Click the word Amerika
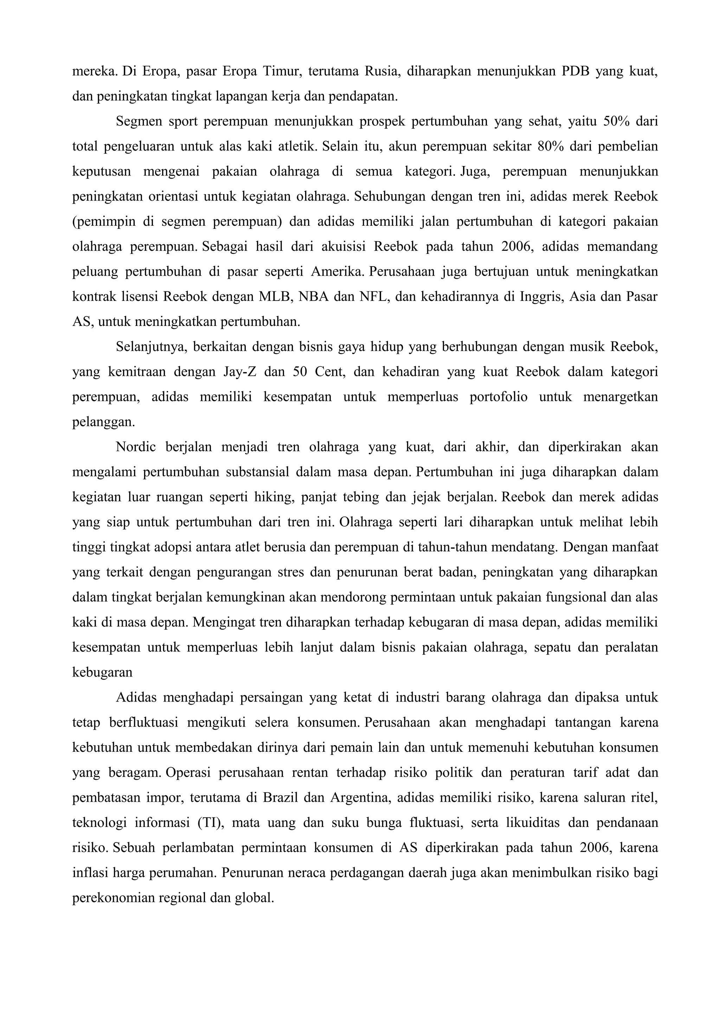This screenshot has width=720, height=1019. (x=337, y=271)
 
